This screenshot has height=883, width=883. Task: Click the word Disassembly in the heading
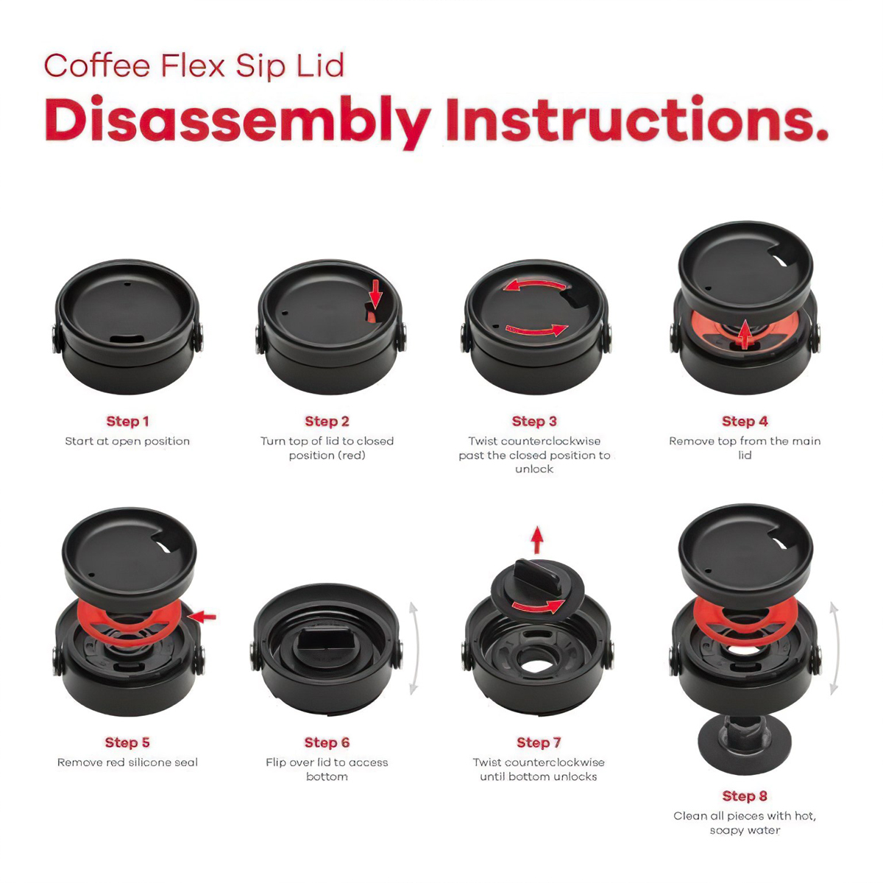tap(237, 121)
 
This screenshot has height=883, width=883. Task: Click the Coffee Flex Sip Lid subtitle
tap(194, 65)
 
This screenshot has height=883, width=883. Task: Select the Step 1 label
tap(127, 422)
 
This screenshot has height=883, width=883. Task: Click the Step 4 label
tap(745, 422)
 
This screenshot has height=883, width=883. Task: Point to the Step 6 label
tap(327, 742)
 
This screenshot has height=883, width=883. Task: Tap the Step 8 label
tap(745, 796)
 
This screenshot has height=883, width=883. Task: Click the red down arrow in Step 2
tap(376, 293)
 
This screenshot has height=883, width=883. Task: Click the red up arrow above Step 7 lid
tap(537, 539)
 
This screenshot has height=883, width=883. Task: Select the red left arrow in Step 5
tap(203, 616)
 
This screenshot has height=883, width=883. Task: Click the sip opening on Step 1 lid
tap(128, 338)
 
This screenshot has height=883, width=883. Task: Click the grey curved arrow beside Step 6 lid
tap(414, 648)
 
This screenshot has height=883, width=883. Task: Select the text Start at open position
tap(127, 441)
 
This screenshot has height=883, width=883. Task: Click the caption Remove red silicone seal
tap(127, 763)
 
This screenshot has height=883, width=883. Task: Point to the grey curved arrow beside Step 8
tap(834, 648)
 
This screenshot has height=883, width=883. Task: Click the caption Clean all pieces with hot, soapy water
tap(745, 823)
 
